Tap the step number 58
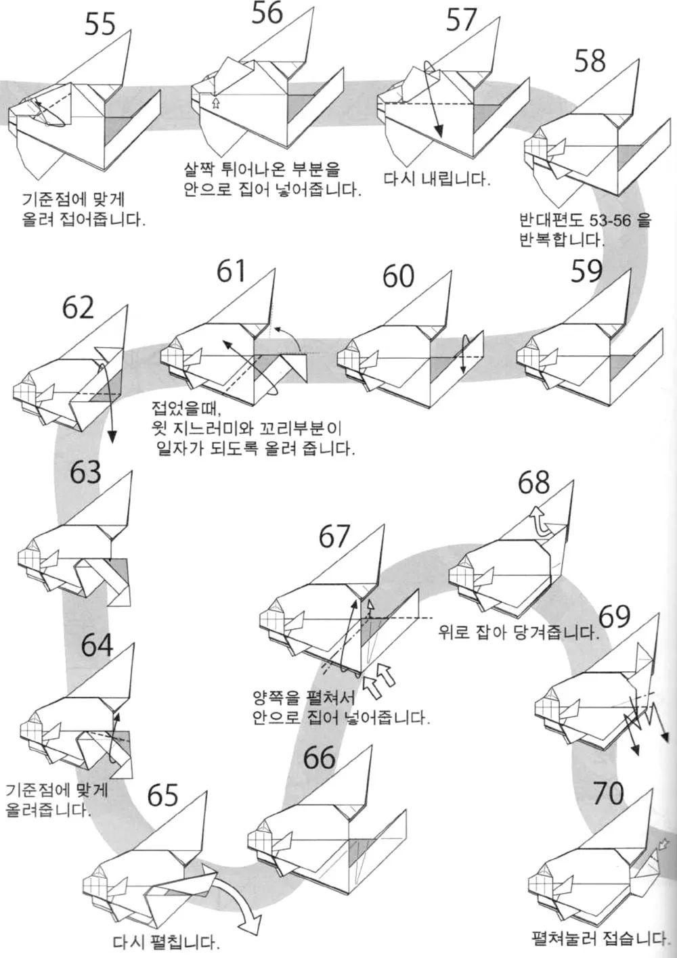click(x=590, y=61)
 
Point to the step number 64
click(x=97, y=645)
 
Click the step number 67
click(x=334, y=538)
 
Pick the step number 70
click(x=608, y=793)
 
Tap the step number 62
click(x=78, y=309)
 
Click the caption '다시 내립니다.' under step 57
click(x=436, y=180)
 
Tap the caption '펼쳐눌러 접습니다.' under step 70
click(x=599, y=938)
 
